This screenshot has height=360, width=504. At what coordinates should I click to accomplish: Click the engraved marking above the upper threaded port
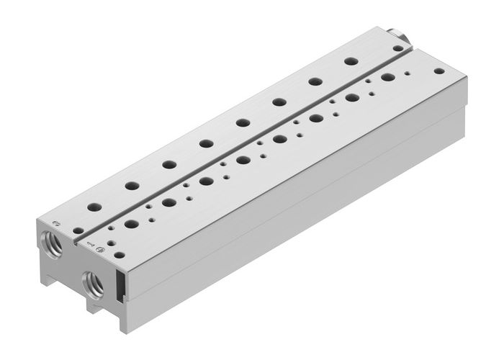[55, 220]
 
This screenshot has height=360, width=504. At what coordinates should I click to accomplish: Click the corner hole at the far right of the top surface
[437, 71]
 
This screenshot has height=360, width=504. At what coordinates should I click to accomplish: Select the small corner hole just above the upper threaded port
[76, 230]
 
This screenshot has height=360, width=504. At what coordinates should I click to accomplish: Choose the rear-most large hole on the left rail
[351, 61]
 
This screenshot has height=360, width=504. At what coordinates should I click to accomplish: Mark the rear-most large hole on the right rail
[388, 76]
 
